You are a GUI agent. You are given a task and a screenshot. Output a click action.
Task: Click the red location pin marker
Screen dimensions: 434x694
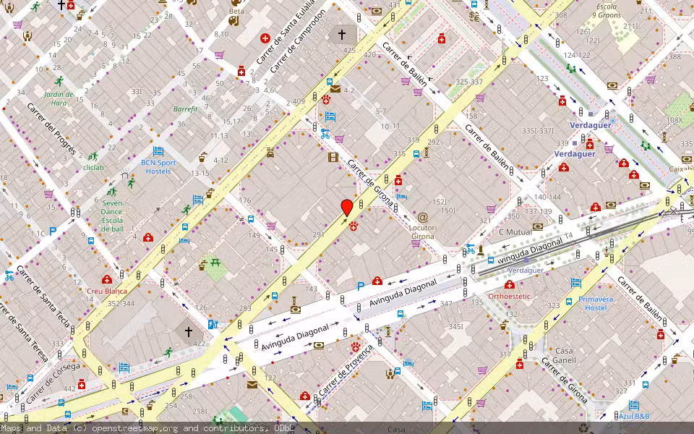(347, 208)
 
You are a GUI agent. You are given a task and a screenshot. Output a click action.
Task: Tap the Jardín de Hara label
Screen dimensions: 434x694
(59, 98)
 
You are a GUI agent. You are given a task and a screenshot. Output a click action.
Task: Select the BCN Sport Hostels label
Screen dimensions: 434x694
(158, 166)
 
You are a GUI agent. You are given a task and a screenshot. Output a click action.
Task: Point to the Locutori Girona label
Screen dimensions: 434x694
(423, 231)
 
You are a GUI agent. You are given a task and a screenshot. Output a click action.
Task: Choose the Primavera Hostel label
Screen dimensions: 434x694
(596, 303)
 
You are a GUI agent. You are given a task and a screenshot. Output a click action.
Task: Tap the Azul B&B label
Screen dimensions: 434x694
(634, 416)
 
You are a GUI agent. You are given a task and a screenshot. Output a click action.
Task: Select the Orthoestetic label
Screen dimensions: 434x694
(509, 296)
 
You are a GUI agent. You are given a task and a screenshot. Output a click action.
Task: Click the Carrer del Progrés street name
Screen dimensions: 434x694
(51, 130)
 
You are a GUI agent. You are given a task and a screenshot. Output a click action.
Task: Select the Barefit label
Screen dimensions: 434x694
(185, 109)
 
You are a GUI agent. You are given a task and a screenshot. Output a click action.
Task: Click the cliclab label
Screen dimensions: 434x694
(93, 167)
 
